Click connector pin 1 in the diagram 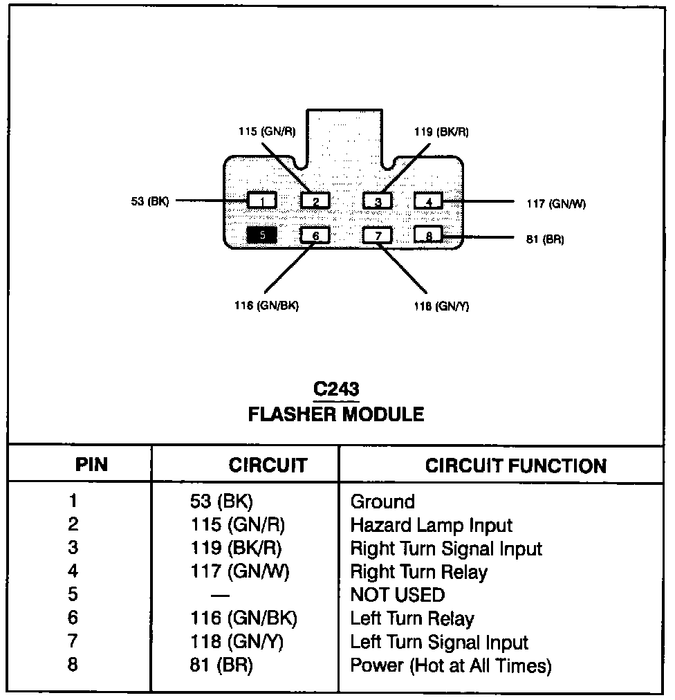point(262,201)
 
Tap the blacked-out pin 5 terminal point(262,235)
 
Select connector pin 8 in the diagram point(428,235)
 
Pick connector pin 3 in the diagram point(378,201)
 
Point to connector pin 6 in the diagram point(315,235)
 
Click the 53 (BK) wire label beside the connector point(149,202)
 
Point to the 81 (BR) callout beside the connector point(545,240)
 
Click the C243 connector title point(336,389)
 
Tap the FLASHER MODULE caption point(336,414)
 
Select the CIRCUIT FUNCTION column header point(516,466)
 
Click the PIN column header point(91,464)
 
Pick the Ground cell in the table point(382,501)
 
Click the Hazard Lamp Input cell point(432,525)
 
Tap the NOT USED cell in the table point(398,595)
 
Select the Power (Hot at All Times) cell point(451,665)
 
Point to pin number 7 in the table point(73,641)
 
